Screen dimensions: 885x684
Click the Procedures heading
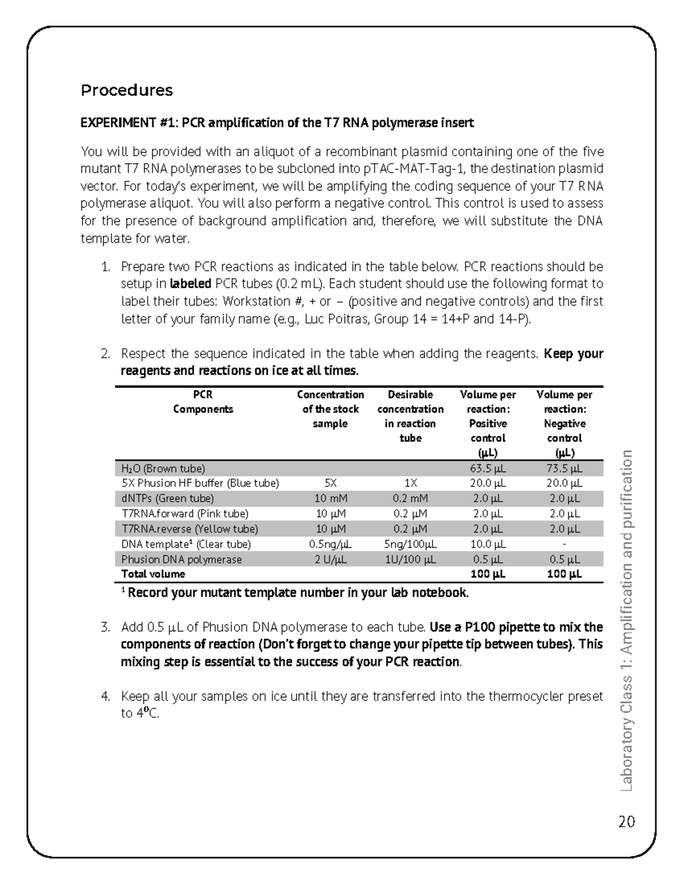click(127, 90)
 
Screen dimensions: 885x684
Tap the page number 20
click(626, 822)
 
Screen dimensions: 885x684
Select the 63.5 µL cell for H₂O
click(487, 468)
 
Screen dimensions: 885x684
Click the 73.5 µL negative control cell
click(564, 468)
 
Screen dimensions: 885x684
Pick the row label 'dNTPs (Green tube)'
click(168, 498)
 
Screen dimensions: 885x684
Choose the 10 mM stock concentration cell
click(331, 498)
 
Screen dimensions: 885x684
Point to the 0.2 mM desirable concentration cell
click(410, 498)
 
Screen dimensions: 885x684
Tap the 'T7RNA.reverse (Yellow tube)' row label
click(189, 529)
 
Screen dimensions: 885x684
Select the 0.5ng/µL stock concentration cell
click(331, 544)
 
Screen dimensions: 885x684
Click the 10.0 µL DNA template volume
click(487, 544)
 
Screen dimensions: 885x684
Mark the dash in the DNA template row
click(564, 544)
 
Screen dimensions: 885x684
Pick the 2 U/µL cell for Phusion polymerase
click(331, 560)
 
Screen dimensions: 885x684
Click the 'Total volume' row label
click(153, 574)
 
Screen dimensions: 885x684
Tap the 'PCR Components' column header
click(203, 402)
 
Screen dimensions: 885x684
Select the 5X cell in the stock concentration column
click(331, 483)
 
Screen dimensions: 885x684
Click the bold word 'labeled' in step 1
click(191, 284)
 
